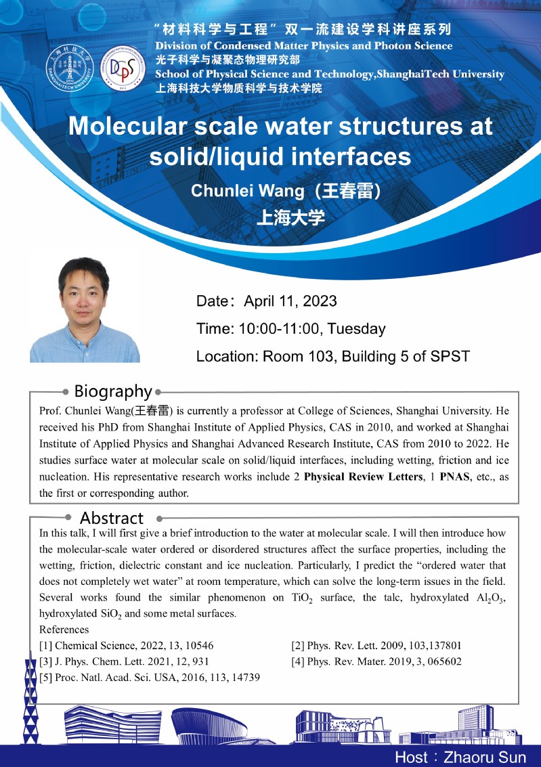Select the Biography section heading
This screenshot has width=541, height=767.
[112, 391]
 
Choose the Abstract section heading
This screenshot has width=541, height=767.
[111, 518]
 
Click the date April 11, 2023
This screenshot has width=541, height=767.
[290, 301]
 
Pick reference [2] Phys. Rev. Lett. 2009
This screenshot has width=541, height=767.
[376, 645]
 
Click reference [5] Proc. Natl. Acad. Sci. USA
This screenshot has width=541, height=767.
[150, 676]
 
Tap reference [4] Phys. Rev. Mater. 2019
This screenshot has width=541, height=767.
[376, 661]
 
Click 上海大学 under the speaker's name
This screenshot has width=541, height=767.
[290, 217]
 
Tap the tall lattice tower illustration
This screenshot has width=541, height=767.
[29, 704]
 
